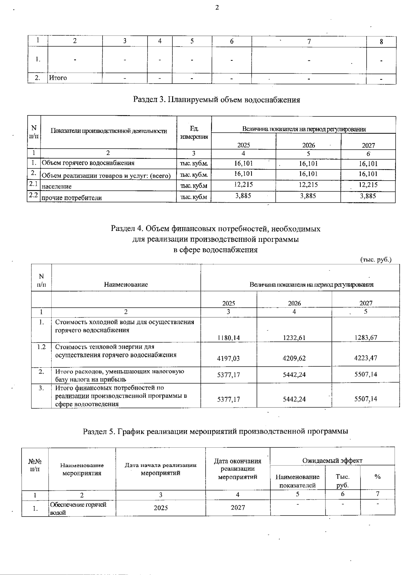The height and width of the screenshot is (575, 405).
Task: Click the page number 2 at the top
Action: [217, 7]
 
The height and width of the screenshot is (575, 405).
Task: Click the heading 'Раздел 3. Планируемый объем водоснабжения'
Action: [217, 100]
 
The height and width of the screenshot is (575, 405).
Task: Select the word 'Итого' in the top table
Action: [58, 78]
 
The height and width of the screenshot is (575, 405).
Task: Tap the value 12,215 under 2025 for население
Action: [243, 185]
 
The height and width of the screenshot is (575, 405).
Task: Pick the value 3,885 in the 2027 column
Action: [368, 196]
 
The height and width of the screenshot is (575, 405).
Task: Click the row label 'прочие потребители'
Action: [72, 198]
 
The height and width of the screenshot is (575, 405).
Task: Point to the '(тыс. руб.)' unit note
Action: [376, 260]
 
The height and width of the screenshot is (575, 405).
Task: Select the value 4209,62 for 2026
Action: [294, 358]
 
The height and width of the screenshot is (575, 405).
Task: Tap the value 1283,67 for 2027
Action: [366, 337]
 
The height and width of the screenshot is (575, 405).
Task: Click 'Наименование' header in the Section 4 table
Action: [126, 284]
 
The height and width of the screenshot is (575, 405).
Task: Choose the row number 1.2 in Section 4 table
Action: [41, 347]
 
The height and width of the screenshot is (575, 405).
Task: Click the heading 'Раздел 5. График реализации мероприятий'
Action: [216, 431]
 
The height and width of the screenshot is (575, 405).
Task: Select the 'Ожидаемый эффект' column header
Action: [332, 461]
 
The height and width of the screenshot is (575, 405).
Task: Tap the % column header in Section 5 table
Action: [377, 477]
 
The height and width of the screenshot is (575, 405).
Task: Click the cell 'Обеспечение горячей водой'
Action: [78, 508]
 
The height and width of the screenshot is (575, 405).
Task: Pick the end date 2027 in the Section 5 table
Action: [238, 507]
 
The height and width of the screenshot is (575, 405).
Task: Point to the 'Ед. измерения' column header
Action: [194, 133]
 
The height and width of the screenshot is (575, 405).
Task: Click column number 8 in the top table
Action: [381, 42]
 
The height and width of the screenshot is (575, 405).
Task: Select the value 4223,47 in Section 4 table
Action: [366, 358]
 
